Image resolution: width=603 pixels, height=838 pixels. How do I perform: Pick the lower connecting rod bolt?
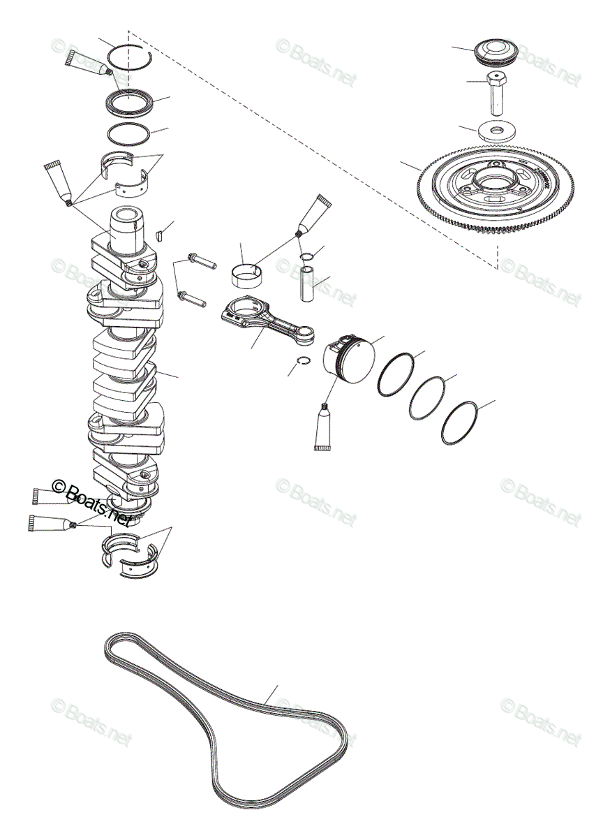[193, 299]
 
